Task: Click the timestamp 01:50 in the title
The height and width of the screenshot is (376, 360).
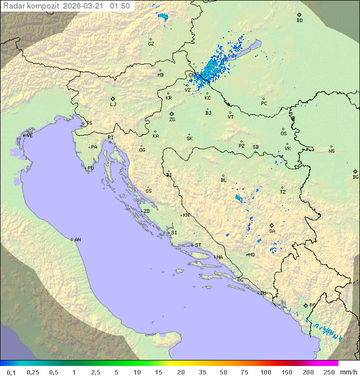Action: tap(120, 6)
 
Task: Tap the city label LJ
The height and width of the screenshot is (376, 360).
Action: tap(113, 105)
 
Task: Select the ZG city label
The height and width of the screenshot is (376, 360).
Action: tap(172, 120)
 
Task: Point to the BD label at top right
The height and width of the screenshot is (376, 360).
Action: tap(299, 21)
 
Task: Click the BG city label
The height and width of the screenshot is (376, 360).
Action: tap(355, 177)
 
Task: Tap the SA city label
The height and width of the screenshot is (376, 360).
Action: tap(272, 231)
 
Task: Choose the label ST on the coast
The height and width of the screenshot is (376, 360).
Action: tap(198, 245)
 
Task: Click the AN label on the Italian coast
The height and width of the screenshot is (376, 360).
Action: tap(77, 240)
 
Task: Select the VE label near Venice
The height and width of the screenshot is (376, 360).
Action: tap(29, 136)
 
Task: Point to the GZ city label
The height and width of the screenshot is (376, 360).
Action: tap(151, 44)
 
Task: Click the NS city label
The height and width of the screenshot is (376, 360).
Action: tap(331, 151)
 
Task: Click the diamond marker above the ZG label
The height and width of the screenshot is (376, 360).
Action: tap(171, 114)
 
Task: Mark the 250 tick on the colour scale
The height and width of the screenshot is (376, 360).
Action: tap(329, 372)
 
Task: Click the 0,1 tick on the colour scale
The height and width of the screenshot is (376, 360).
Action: tap(11, 372)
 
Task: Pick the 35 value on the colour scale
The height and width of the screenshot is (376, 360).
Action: tap(201, 372)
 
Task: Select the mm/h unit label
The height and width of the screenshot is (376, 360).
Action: tap(347, 372)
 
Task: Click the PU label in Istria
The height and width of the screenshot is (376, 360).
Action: tap(90, 168)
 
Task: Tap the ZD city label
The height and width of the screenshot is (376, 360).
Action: tap(146, 211)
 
